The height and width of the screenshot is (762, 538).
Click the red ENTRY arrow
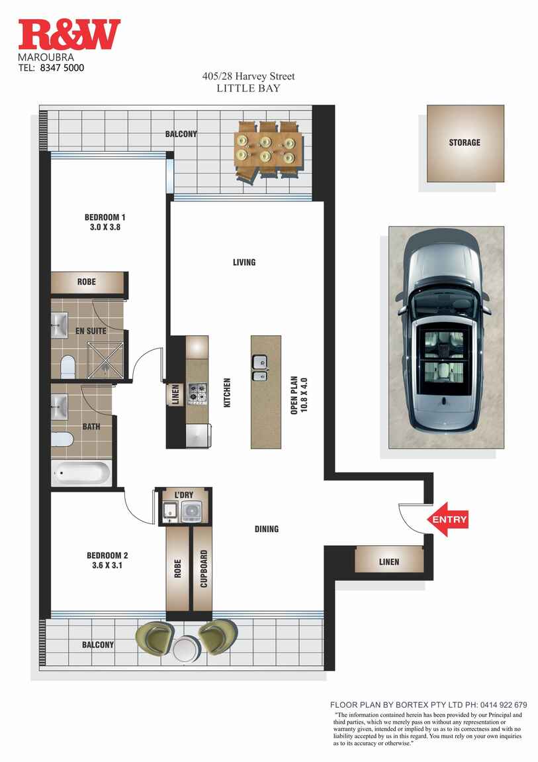click(447, 519)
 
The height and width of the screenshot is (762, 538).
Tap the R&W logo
click(69, 34)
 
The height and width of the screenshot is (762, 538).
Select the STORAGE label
click(465, 142)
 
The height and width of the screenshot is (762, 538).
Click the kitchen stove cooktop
click(197, 393)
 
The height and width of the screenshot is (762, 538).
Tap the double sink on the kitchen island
click(259, 368)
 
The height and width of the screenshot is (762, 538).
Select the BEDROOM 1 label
click(105, 217)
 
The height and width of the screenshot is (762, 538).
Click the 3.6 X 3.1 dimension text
click(107, 565)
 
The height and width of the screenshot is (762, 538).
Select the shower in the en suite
click(105, 359)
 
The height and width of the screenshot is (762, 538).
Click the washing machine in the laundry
click(194, 512)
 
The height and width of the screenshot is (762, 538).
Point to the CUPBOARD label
click(204, 569)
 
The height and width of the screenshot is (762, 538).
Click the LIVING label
click(244, 262)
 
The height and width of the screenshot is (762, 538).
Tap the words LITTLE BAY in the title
click(248, 88)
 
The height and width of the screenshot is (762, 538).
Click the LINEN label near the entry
click(388, 562)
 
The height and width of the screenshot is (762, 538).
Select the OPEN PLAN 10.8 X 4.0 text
click(298, 396)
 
